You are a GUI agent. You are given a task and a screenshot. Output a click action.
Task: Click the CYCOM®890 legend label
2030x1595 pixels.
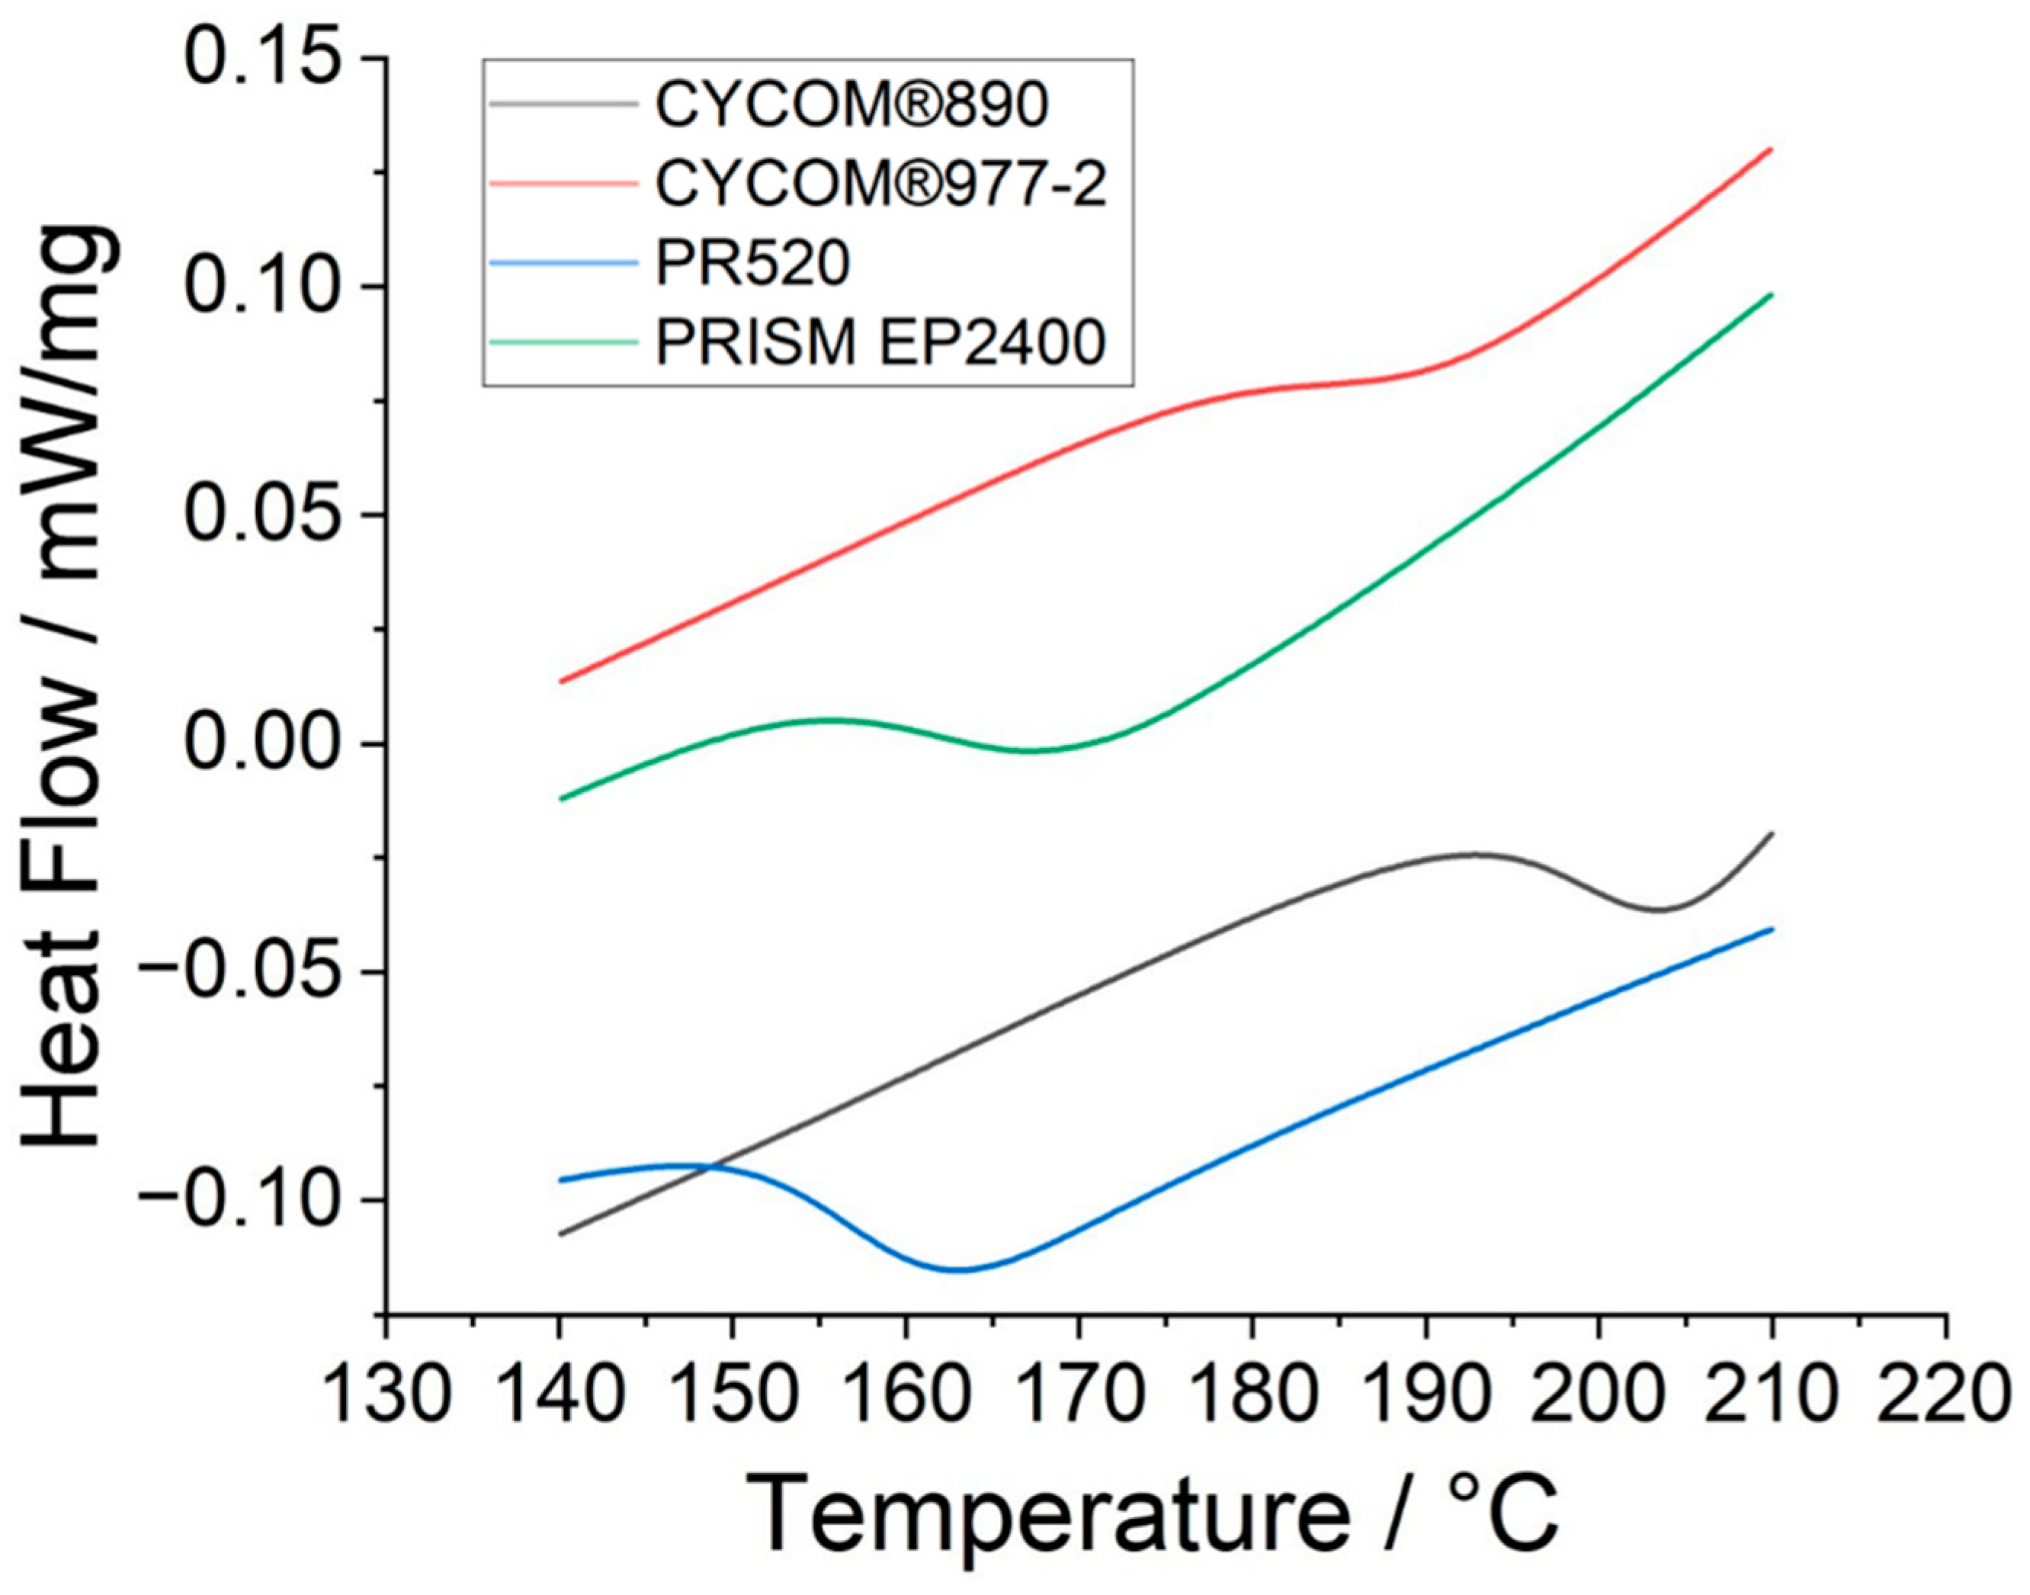(851, 104)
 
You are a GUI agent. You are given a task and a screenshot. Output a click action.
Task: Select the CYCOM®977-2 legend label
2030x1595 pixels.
(880, 185)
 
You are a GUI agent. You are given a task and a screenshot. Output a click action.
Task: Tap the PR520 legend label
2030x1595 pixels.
(752, 265)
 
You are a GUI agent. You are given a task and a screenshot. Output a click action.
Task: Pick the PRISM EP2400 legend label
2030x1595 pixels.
(880, 344)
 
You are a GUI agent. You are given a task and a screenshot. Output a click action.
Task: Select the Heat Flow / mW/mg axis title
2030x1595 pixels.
(70, 686)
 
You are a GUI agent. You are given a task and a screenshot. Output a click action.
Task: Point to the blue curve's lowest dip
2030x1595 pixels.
(959, 1270)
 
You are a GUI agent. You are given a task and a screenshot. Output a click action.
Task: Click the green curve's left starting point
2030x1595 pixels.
(560, 799)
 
